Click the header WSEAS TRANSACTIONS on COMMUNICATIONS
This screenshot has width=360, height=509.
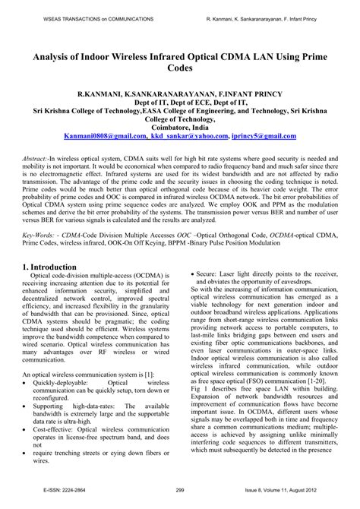click(87, 16)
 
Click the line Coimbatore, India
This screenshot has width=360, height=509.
click(180, 127)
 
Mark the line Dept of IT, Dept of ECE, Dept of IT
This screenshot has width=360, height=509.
click(180, 100)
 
